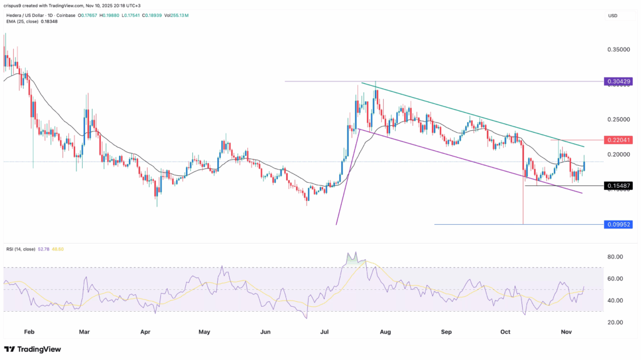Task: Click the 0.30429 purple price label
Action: pyautogui.click(x=618, y=82)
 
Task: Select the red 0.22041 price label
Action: pyautogui.click(x=618, y=140)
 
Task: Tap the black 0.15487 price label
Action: pyautogui.click(x=618, y=186)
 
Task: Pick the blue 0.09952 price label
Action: pyautogui.click(x=618, y=224)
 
